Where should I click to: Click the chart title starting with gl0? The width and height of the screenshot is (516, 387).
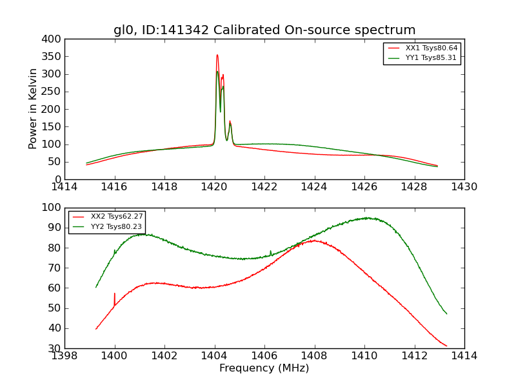coord(264,30)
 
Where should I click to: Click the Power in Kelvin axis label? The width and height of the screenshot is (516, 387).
coord(34,109)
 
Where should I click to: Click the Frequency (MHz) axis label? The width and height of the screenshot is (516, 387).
coord(264,368)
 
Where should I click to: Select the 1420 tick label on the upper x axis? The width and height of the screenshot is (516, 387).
coord(214,187)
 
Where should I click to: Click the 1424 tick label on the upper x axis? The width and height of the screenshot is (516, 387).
coord(314,187)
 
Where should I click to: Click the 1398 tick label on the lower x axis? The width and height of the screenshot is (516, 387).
coord(64,356)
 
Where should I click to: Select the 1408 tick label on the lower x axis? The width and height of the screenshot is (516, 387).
coord(314,356)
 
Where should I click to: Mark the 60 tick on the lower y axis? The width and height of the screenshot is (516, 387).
coord(55,288)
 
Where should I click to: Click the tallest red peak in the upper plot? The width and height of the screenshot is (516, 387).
coord(217,55)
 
